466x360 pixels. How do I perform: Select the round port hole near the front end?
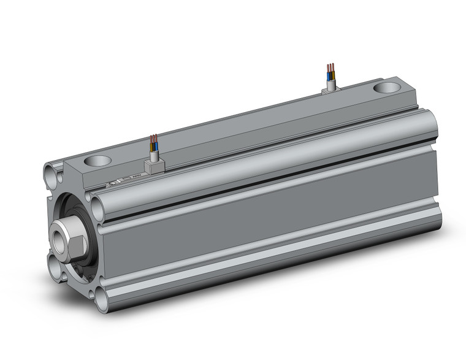coord(98,162)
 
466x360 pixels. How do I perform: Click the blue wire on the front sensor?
coord(153,147)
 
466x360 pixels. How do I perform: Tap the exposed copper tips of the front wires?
coord(153,138)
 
